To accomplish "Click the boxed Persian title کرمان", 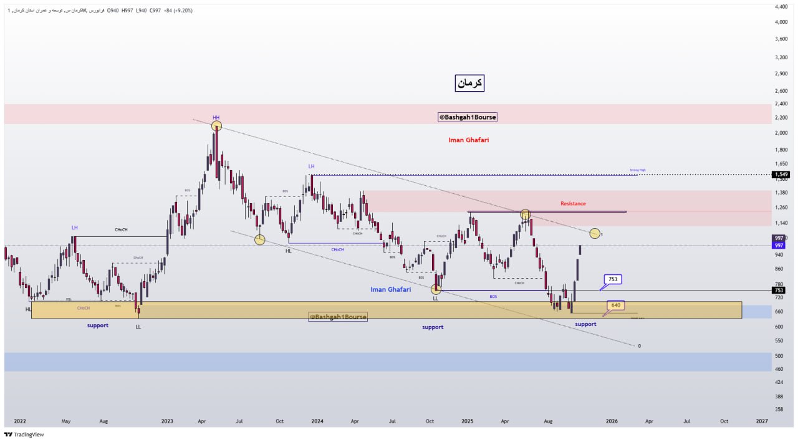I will click(469, 82).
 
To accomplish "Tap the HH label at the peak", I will click(216, 117).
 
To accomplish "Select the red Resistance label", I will click(573, 203).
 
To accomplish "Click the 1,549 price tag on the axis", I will click(779, 175).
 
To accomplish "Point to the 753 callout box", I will click(612, 279).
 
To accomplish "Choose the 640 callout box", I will click(615, 305).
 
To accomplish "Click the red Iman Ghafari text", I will click(468, 140).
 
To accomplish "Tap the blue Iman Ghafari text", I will click(390, 289).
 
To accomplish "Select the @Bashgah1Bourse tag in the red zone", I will click(468, 117).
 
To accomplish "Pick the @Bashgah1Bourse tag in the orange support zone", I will click(338, 317).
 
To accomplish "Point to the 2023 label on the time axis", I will click(167, 421).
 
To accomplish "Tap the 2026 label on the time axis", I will click(612, 421).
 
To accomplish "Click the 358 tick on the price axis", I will click(779, 410).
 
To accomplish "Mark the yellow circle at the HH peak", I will click(216, 126).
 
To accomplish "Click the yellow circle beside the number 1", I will click(595, 233).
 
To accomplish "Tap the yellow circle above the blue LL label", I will click(436, 289).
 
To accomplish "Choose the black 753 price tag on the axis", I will click(779, 290).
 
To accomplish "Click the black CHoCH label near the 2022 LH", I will click(121, 230).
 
